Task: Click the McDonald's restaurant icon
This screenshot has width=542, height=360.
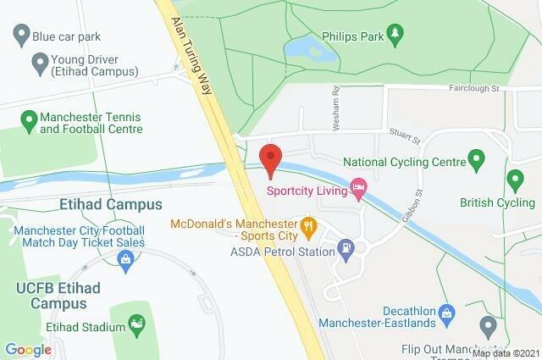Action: pos(309,225)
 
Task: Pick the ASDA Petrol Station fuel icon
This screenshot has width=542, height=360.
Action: pos(346,249)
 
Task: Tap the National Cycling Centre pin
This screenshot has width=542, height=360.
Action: pos(476,158)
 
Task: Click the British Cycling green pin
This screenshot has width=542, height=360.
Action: pos(515,179)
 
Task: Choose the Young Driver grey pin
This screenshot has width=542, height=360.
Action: pos(39,62)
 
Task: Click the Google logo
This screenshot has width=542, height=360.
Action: pos(29,349)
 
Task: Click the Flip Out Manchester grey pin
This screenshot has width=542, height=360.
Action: pos(488,325)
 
